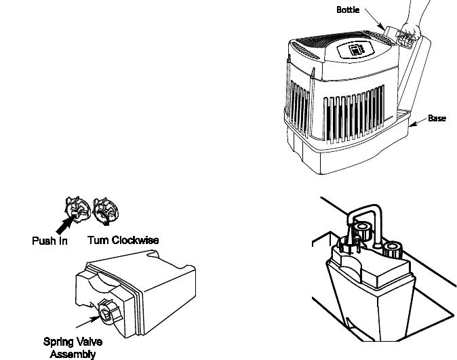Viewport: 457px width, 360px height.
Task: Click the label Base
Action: [x=437, y=119]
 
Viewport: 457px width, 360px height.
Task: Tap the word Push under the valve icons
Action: [x=44, y=240]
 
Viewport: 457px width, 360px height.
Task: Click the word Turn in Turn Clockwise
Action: [x=99, y=240]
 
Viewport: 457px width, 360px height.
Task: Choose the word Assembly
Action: [x=73, y=353]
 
